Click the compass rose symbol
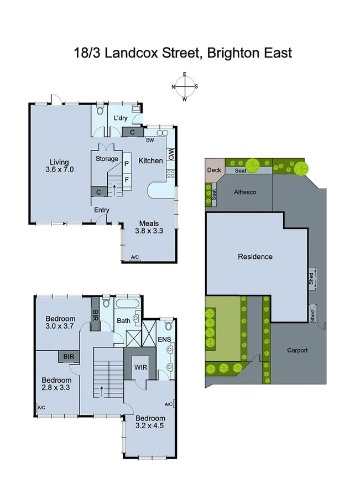point(185,86)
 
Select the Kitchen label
point(150,161)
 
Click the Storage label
point(107,159)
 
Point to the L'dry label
point(121,118)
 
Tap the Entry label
point(102,210)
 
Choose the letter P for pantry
point(127,164)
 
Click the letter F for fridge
point(127,179)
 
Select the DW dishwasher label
point(149,141)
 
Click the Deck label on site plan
point(214,170)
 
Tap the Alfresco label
point(243,193)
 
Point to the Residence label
point(255,257)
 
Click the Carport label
point(298,350)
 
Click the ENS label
point(165,339)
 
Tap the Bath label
point(123,321)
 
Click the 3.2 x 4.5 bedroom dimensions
point(150,426)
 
